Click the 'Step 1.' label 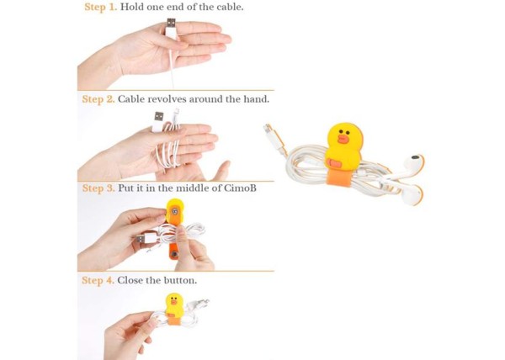click(100, 7)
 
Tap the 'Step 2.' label click(98, 98)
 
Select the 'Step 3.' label click(98, 188)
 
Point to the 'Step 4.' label click(98, 280)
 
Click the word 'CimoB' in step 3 click(240, 188)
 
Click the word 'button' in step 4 click(180, 280)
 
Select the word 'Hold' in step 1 click(132, 7)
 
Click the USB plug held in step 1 click(171, 28)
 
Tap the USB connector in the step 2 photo click(158, 121)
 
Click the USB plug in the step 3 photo click(145, 239)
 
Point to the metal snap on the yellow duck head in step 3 click(175, 212)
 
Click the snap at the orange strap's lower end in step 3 click(174, 255)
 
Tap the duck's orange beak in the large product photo click(343, 139)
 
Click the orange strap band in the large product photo click(340, 177)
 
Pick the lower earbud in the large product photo click(411, 195)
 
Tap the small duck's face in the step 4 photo click(174, 301)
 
